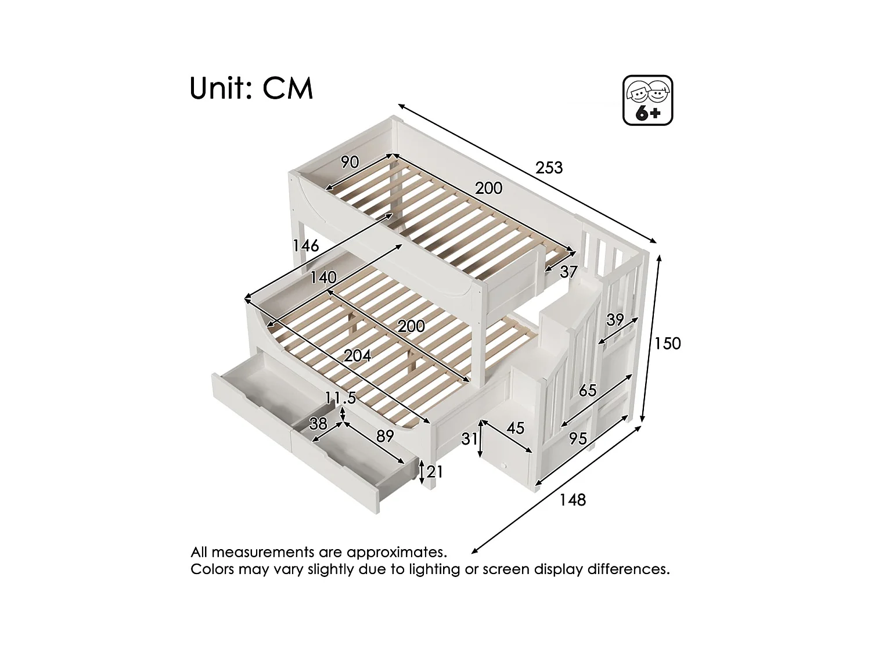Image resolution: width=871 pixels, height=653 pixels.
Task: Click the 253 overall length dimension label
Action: tap(549, 168)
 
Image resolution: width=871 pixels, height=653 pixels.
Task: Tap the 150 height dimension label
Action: tap(667, 344)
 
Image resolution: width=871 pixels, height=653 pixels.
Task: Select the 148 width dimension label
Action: tap(573, 500)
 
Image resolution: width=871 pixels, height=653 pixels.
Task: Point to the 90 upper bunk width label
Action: tap(350, 162)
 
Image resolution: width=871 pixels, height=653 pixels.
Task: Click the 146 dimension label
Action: tap(305, 246)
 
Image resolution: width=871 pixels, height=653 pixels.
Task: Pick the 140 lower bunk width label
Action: tap(323, 277)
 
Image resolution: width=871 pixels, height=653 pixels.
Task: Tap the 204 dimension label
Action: tap(357, 355)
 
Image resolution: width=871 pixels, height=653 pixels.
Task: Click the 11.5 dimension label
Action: tap(340, 398)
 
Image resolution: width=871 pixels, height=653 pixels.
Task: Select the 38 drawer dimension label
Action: tap(318, 424)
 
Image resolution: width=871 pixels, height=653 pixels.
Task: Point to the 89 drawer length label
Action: tap(385, 436)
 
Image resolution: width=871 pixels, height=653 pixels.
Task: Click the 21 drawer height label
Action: tap(435, 472)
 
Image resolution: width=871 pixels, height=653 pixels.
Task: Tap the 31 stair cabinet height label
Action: tap(469, 439)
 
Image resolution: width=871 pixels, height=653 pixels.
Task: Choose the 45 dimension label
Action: tap(516, 428)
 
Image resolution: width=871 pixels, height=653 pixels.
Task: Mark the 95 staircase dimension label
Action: tap(578, 439)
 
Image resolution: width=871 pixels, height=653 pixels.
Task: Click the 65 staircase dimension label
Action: tap(588, 390)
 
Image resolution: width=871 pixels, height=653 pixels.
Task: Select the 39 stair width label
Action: tap(615, 320)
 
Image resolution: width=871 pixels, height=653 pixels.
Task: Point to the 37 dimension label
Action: tap(569, 272)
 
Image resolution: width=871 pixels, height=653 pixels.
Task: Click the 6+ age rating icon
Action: tap(647, 100)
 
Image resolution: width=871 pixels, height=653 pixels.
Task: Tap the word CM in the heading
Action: tap(288, 89)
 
